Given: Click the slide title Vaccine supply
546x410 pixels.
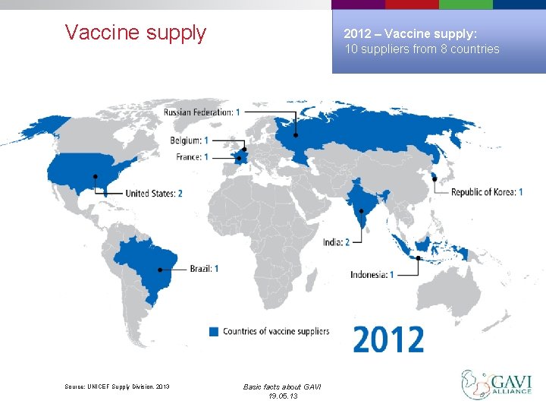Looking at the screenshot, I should click(x=135, y=33).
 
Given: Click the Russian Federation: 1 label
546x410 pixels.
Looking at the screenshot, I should click(x=202, y=112).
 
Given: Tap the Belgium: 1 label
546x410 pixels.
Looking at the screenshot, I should click(x=189, y=140).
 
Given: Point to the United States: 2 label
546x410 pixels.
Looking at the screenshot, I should click(x=154, y=194).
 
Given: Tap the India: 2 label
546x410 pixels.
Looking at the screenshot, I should click(x=336, y=241).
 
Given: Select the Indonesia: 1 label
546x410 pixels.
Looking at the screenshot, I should click(x=372, y=275).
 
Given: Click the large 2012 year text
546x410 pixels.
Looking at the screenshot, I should click(x=388, y=339).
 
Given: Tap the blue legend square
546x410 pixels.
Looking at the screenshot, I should click(x=214, y=331).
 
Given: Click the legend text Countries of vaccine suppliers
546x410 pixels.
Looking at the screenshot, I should click(x=275, y=331).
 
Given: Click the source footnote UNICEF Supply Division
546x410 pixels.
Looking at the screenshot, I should click(x=118, y=387).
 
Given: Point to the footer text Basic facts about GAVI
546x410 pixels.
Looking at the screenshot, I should click(x=282, y=387).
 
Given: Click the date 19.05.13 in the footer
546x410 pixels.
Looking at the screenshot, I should click(x=282, y=396).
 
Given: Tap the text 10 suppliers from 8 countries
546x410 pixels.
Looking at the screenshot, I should click(x=422, y=49).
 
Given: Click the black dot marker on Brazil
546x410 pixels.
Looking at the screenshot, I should click(x=159, y=270).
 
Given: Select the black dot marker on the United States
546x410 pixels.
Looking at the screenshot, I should click(x=96, y=176).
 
